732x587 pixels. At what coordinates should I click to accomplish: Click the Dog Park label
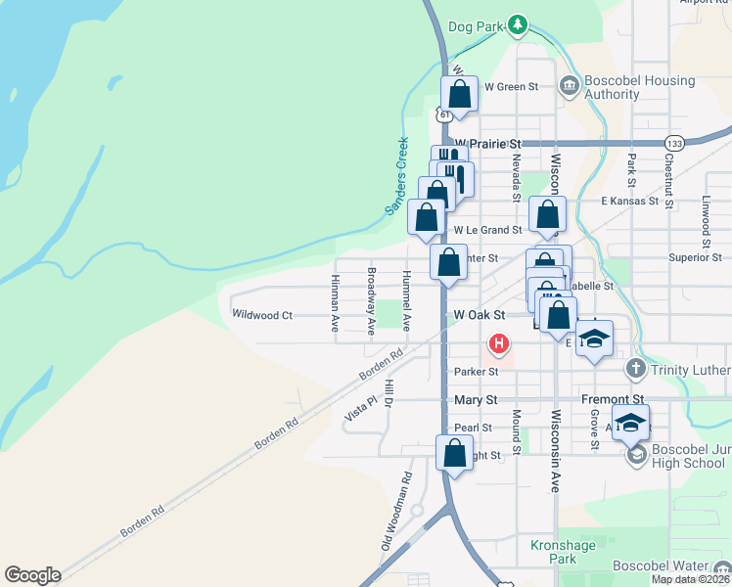point(475,26)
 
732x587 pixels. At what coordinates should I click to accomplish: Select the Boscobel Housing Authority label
point(639,87)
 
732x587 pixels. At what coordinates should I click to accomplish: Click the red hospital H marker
point(499,343)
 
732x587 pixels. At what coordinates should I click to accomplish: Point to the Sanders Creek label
point(395,176)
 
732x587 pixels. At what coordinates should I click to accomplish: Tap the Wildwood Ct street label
point(261,315)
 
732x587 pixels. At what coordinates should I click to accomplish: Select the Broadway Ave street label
point(371,301)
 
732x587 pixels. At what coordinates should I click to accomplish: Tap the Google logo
point(32,575)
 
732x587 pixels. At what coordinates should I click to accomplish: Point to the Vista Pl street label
point(360,409)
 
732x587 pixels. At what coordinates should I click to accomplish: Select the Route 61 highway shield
point(445,114)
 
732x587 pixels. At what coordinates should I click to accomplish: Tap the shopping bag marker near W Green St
point(459,95)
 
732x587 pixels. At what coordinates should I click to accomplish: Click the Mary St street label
point(477,400)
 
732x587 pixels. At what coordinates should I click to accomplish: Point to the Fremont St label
point(612,400)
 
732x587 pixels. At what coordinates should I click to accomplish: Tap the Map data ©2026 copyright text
point(691,579)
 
